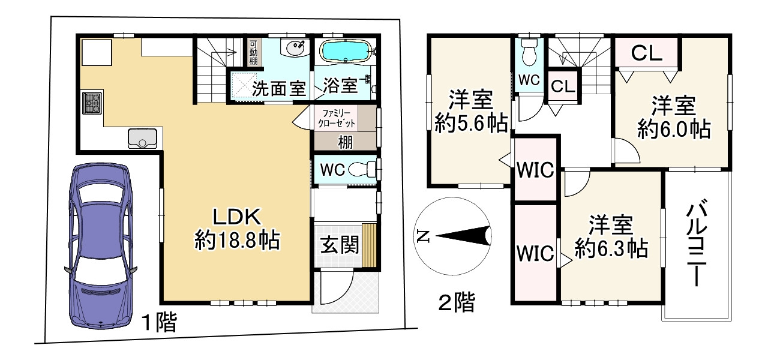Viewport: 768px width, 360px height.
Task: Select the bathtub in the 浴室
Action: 344,52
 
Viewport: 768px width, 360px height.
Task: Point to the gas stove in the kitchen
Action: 92,104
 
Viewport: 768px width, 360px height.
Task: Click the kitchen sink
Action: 142,139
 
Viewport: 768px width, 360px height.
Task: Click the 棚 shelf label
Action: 344,142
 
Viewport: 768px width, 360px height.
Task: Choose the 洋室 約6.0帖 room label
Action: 673,118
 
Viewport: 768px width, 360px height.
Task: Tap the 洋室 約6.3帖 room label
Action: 611,237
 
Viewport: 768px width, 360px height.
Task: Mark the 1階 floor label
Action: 158,323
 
